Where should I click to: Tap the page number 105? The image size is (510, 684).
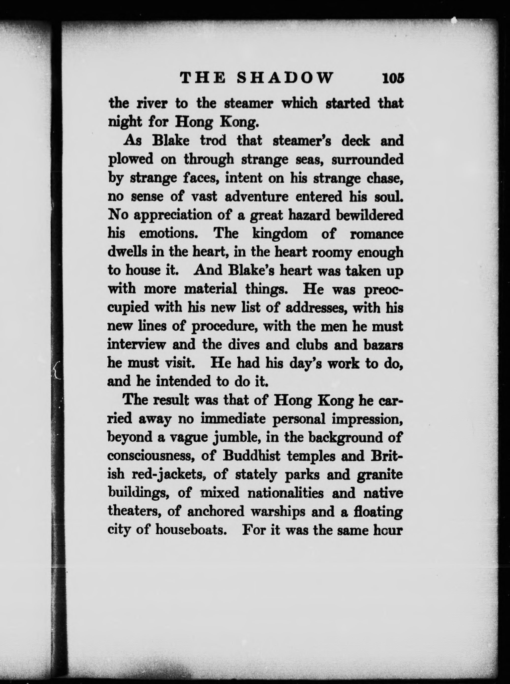(x=393, y=78)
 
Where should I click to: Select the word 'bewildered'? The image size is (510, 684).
(x=369, y=215)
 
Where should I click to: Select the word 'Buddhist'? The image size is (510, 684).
(x=252, y=456)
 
